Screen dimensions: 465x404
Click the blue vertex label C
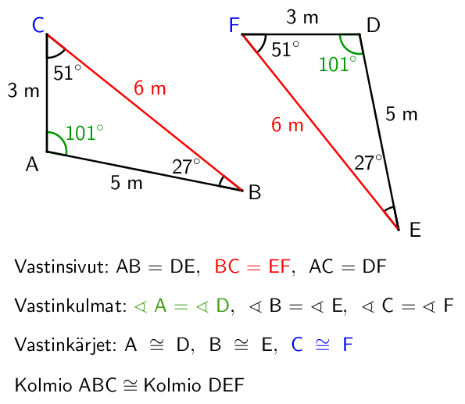(x=38, y=25)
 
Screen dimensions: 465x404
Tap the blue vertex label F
(x=234, y=25)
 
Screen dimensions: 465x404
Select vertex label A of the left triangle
(x=32, y=164)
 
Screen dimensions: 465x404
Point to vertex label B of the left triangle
(x=255, y=192)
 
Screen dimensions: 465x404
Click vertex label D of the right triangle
(x=374, y=25)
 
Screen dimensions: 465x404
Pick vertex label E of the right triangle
(x=415, y=230)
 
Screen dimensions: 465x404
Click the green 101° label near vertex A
(x=84, y=133)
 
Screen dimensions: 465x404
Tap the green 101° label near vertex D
(x=338, y=64)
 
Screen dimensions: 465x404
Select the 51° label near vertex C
(x=67, y=73)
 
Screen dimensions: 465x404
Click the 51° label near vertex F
(x=285, y=49)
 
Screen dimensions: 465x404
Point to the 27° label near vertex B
(x=186, y=166)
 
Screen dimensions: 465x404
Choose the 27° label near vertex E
(x=368, y=163)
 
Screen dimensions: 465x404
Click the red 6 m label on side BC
(x=150, y=88)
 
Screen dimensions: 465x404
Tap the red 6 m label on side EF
(x=288, y=124)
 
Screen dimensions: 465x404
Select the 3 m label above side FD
(x=302, y=17)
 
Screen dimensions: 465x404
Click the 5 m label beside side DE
(x=402, y=114)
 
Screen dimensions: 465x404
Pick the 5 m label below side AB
(x=127, y=183)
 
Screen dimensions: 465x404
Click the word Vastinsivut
(x=62, y=266)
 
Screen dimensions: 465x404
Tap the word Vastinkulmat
(x=71, y=306)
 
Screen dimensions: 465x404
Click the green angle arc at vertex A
(x=62, y=139)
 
